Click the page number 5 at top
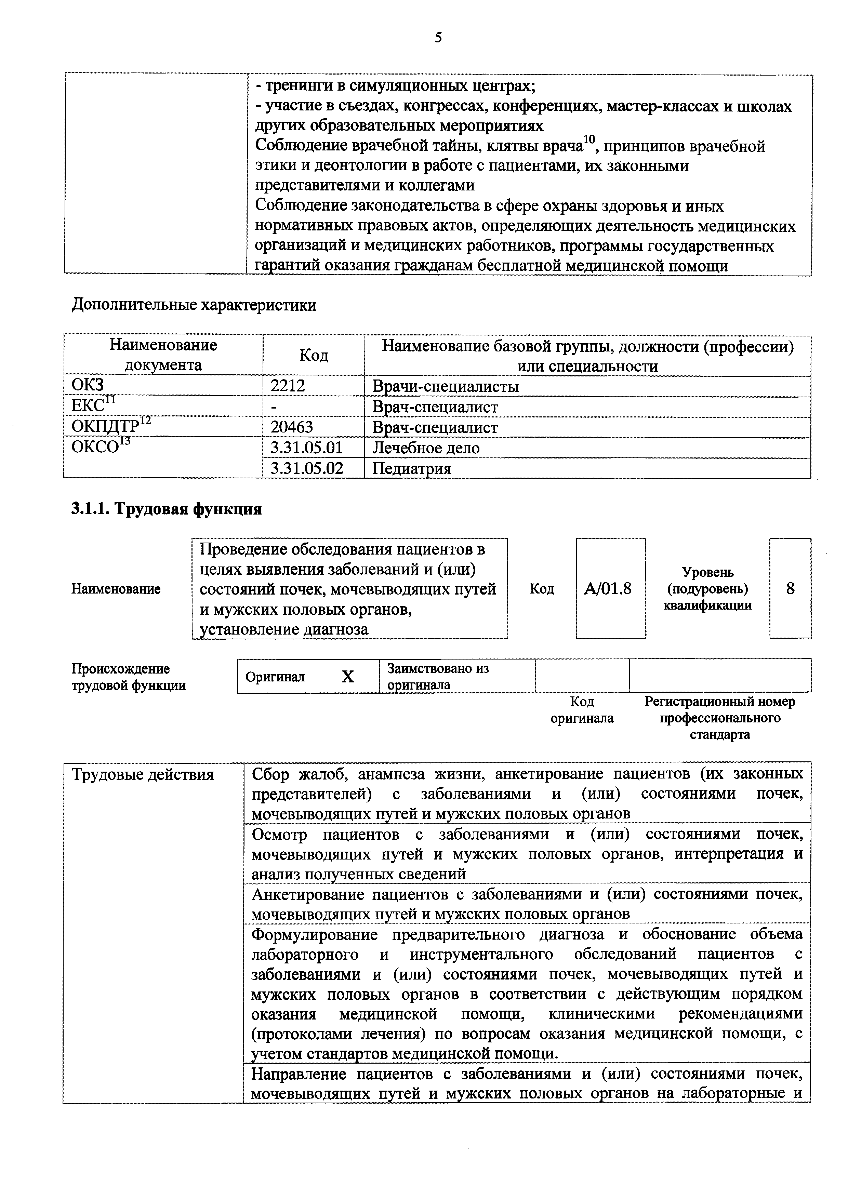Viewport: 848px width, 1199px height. (x=438, y=38)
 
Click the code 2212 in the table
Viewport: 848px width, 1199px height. (x=287, y=386)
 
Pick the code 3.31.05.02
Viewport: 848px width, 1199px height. (x=307, y=468)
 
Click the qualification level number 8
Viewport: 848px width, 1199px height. (x=790, y=588)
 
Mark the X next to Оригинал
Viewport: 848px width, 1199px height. (x=347, y=677)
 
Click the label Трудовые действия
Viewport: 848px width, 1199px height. (x=143, y=774)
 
